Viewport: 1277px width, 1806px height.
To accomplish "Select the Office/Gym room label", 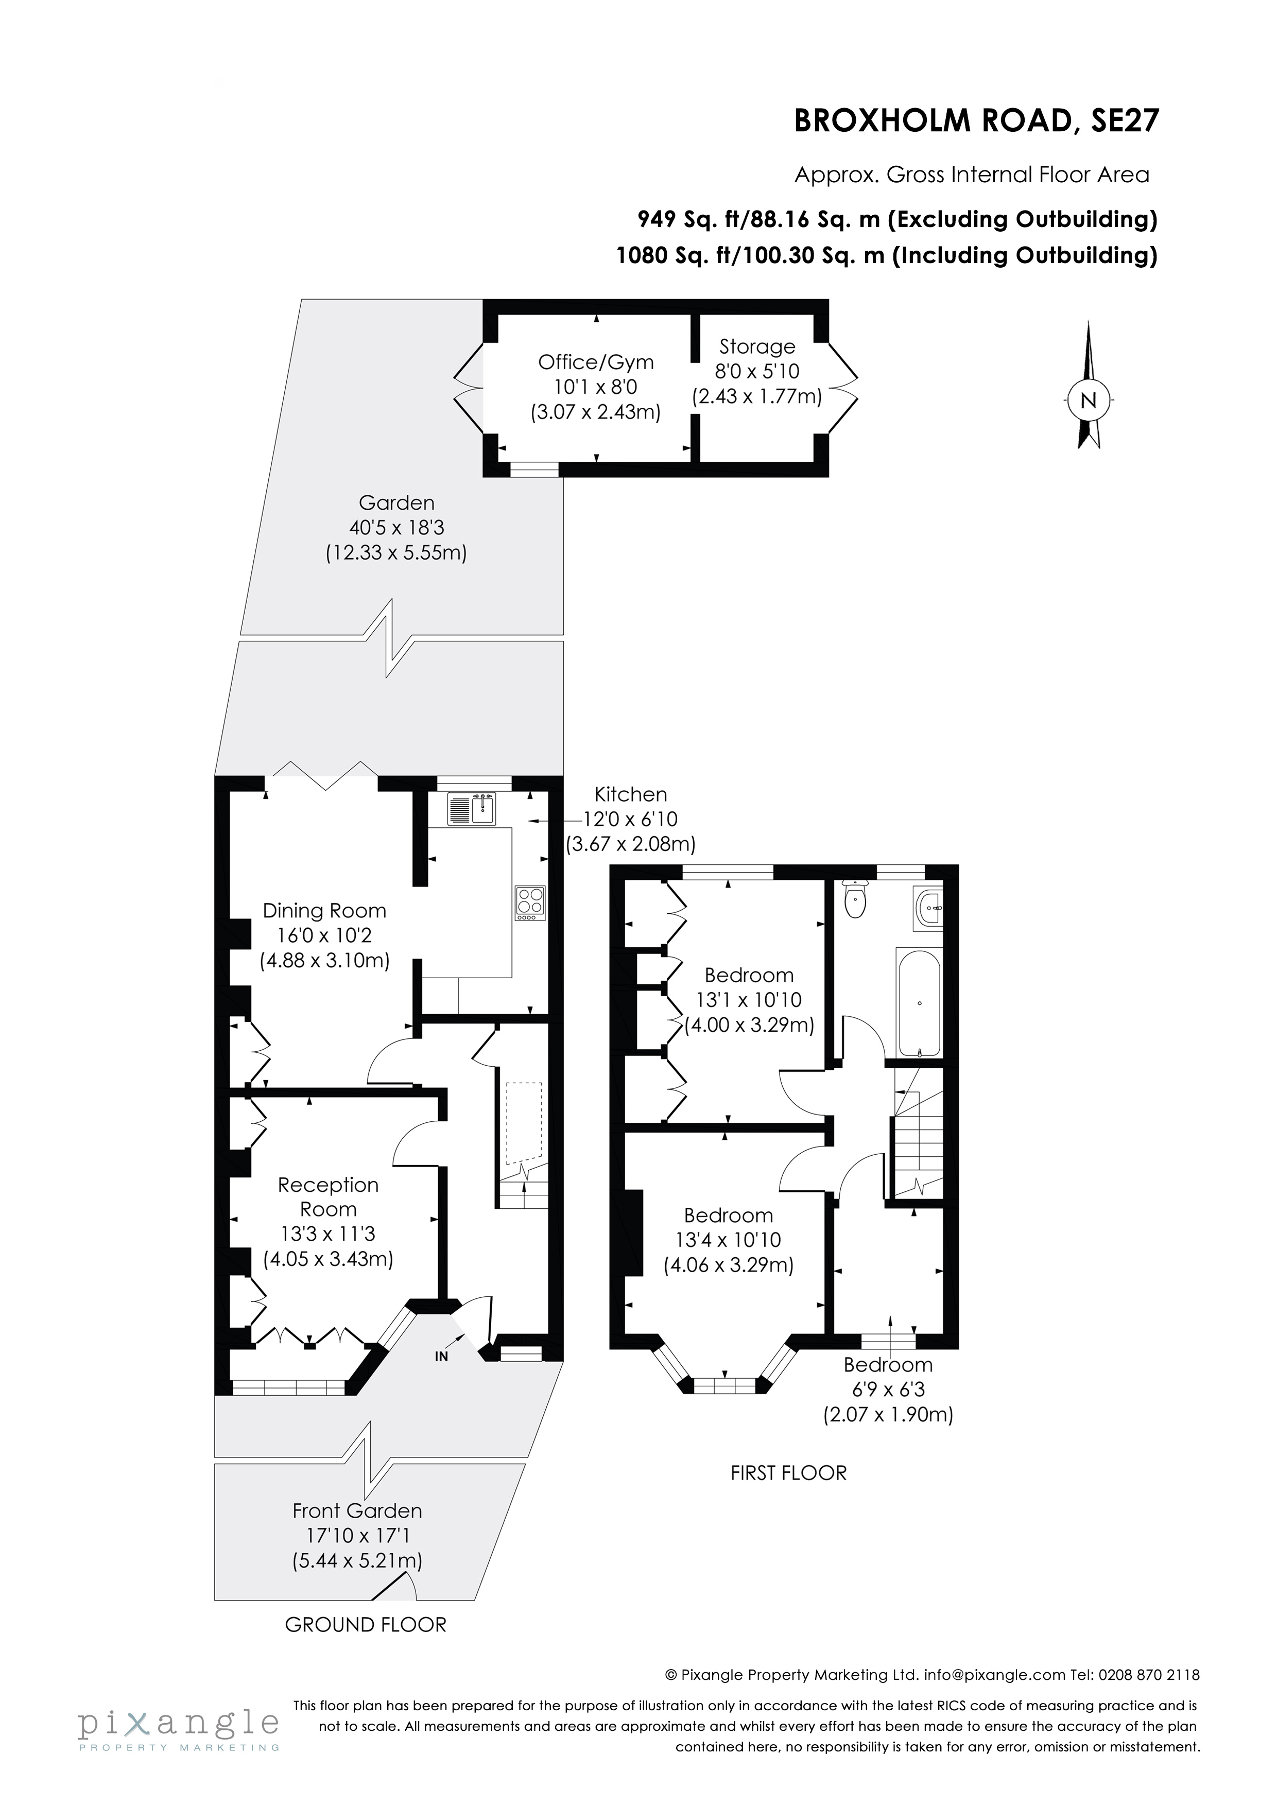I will tap(596, 362).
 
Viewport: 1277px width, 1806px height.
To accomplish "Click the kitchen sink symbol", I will tap(471, 809).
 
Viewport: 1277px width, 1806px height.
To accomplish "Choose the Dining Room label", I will tap(324, 911).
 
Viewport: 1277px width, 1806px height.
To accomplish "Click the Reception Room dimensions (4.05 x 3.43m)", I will tap(328, 1259).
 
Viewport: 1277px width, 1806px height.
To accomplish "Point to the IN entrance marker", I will tap(441, 1356).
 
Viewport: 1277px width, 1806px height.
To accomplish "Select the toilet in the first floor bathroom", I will tap(854, 900).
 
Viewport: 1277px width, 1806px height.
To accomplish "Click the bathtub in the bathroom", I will tap(918, 1002).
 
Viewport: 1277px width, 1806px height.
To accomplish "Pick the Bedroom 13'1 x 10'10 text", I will tap(748, 1000).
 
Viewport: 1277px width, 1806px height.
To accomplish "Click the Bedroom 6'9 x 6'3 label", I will tap(888, 1377).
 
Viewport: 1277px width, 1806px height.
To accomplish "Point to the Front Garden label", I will tap(357, 1510).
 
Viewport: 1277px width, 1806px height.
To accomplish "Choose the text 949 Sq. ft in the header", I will tap(684, 219).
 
